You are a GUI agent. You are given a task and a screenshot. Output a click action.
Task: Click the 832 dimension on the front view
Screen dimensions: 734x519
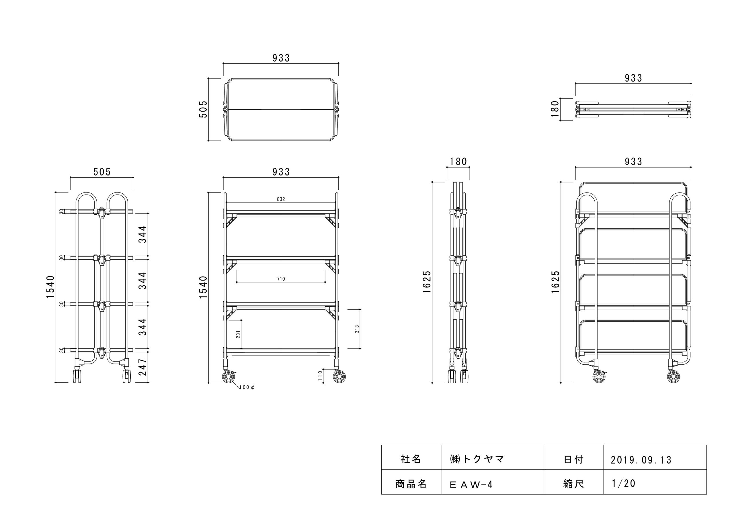coord(281,199)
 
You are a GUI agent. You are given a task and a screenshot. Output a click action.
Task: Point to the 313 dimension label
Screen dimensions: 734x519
coord(357,329)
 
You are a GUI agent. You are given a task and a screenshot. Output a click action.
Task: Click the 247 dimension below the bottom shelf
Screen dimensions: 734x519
coord(142,367)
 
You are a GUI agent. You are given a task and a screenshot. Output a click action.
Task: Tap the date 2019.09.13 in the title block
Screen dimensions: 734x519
coord(641,460)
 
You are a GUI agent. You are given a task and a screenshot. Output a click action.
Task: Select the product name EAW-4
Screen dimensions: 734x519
coord(471,485)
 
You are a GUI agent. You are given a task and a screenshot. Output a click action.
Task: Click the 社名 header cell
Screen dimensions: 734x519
coord(411,460)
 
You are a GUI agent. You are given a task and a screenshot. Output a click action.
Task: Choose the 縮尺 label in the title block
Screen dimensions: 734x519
coord(573,484)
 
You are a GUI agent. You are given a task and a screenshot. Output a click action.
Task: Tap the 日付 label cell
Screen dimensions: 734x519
coord(573,460)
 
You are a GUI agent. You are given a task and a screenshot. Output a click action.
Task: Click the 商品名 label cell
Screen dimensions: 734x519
coord(411,484)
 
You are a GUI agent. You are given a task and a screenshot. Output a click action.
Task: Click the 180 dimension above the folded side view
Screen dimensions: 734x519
coord(458,162)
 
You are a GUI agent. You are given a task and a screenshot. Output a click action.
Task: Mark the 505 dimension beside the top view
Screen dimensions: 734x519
coord(203,109)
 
